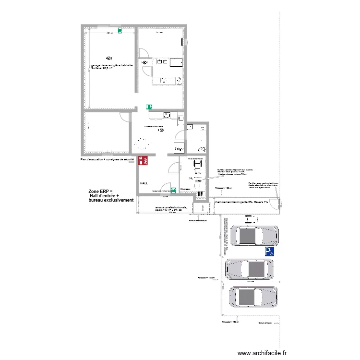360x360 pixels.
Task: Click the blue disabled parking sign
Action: (x=269, y=251)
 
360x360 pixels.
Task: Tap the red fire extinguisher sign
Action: (x=143, y=161)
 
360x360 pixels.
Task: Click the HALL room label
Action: (x=144, y=184)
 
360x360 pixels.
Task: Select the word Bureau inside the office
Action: (x=186, y=189)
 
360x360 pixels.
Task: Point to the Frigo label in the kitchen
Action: (x=179, y=149)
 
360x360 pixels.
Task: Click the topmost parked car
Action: (x=254, y=236)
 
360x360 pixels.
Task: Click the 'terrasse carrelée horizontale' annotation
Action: (x=168, y=208)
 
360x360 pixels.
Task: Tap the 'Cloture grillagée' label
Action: (x=265, y=323)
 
